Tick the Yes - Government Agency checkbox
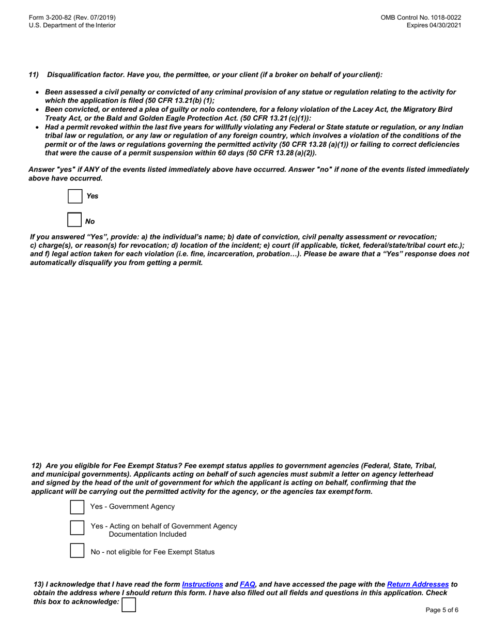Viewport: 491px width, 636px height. [77, 507]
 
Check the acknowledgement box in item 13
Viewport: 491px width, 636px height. [129, 604]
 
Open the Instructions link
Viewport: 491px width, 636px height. [202, 584]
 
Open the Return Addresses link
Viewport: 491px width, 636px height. [418, 584]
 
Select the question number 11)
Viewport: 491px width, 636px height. [34, 75]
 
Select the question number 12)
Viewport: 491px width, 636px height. [38, 465]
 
